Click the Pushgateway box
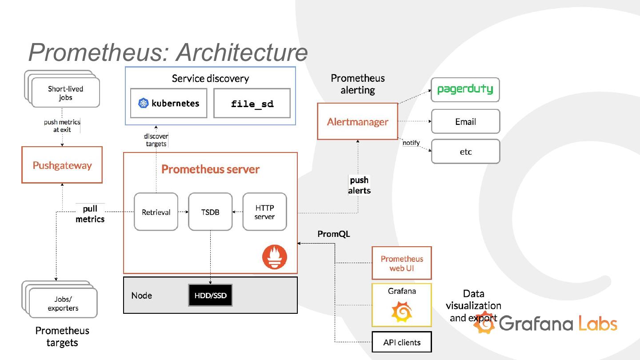[62, 165]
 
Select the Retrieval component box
[156, 212]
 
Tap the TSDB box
[210, 212]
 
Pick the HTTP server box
[264, 212]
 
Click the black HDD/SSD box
[210, 296]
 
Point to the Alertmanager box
[357, 121]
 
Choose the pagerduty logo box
[465, 89]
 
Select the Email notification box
[465, 121]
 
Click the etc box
[465, 152]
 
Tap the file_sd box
[252, 104]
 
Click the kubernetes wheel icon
[143, 104]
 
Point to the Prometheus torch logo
[275, 257]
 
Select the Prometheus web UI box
[402, 263]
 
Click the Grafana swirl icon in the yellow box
[402, 312]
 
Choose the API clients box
[402, 342]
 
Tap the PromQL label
[334, 234]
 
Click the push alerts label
[359, 185]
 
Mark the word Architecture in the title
[242, 52]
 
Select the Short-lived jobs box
[65, 93]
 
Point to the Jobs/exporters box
[63, 304]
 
